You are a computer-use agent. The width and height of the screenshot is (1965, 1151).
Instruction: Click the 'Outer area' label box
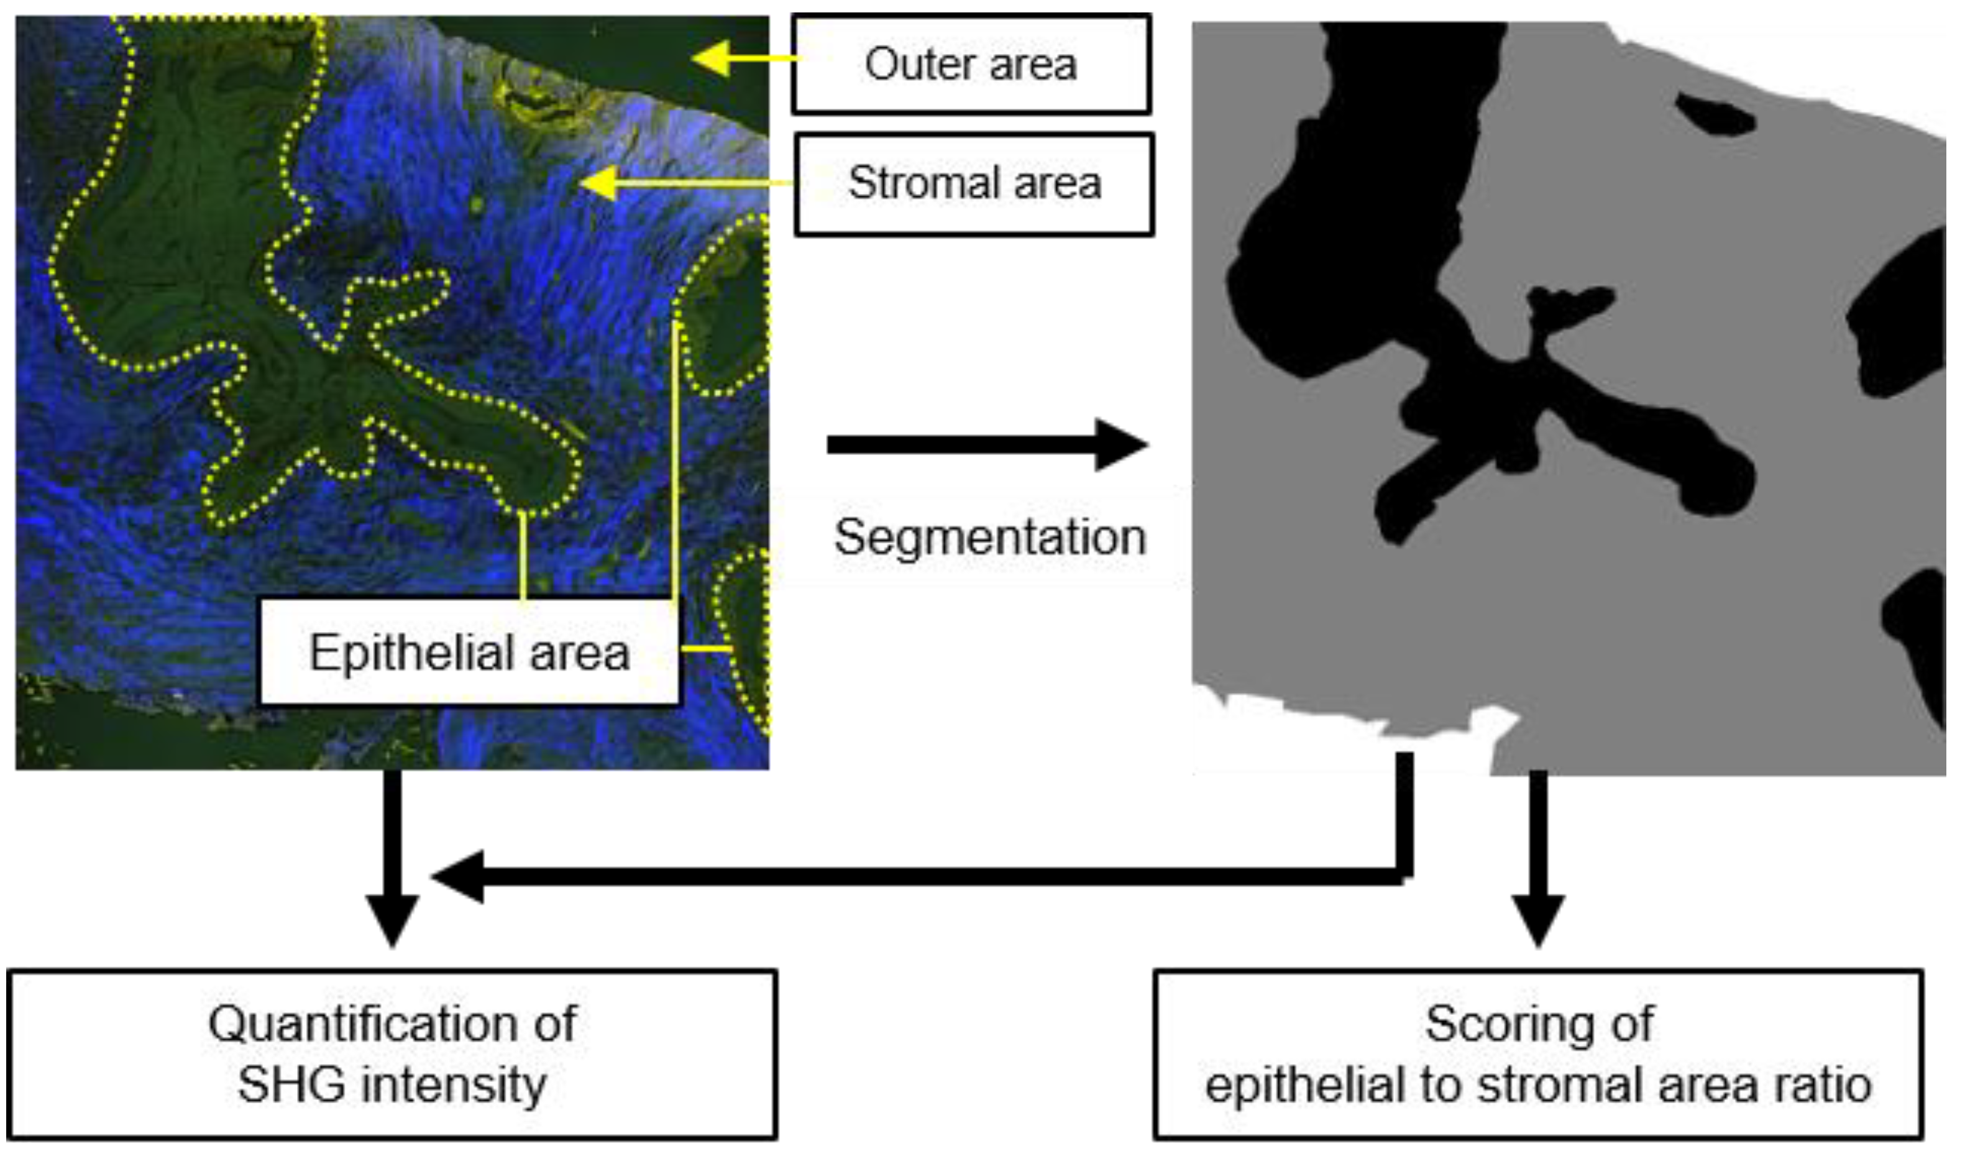[971, 64]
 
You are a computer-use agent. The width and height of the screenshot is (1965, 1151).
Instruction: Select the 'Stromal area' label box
[974, 184]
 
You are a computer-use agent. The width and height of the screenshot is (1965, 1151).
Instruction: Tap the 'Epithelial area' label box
[469, 652]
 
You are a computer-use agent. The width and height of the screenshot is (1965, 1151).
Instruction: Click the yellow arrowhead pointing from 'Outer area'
[711, 58]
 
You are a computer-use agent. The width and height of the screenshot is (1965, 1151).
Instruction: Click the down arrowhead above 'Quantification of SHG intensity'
[392, 920]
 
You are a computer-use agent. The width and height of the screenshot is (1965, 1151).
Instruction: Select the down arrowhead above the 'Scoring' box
[1537, 920]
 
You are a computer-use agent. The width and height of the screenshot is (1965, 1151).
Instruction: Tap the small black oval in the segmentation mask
[1715, 116]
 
